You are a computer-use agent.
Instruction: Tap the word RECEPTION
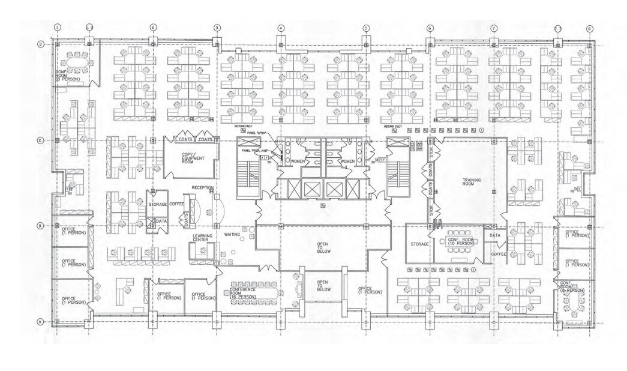point(203,188)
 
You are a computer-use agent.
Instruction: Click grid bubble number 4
point(281,28)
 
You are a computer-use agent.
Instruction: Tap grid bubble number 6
point(430,28)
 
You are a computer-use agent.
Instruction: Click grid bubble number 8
point(590,28)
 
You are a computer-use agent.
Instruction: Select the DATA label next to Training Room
point(495,236)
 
